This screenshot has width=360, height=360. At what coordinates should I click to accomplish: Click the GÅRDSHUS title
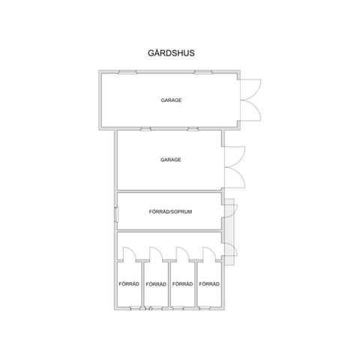click(171, 53)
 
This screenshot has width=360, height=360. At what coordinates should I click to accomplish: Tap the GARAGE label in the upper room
click(171, 100)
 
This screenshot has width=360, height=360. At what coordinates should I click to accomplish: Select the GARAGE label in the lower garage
click(171, 160)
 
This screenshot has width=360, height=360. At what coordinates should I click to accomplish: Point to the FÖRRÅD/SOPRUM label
click(170, 211)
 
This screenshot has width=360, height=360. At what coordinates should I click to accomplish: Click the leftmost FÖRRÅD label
click(129, 284)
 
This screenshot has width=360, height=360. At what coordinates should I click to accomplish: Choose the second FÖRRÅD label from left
click(156, 284)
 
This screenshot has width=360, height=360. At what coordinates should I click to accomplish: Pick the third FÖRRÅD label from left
click(182, 284)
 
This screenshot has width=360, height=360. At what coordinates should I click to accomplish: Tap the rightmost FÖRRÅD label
click(209, 284)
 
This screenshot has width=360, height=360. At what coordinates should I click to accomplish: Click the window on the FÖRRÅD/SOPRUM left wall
click(116, 214)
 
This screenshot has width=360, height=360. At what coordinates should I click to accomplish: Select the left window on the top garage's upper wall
click(127, 72)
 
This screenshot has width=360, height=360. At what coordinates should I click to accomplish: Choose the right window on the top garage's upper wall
click(203, 72)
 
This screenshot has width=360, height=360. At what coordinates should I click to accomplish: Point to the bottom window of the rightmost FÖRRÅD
click(204, 308)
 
